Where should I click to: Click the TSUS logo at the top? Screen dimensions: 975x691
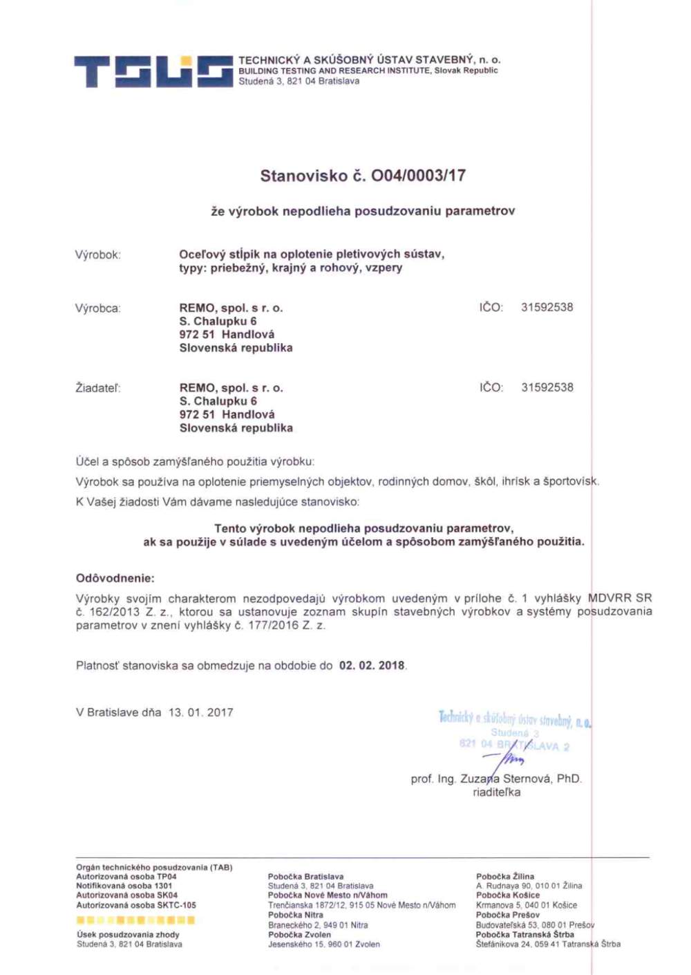(x=153, y=72)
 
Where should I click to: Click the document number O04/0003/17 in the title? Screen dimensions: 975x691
(x=418, y=176)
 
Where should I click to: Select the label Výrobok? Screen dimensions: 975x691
(x=97, y=255)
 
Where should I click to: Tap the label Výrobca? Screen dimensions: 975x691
(x=97, y=308)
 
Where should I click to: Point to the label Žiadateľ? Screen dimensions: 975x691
(x=97, y=389)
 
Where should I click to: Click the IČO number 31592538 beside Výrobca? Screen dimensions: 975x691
(x=547, y=308)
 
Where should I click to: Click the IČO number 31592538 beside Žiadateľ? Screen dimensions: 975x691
(x=547, y=388)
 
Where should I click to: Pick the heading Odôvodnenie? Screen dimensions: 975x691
(x=115, y=578)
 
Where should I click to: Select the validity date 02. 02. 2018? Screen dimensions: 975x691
(x=371, y=666)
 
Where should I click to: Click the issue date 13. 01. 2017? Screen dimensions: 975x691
(x=200, y=712)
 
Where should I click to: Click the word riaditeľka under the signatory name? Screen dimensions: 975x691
(x=496, y=792)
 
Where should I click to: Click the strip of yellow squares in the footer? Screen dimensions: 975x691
(x=135, y=920)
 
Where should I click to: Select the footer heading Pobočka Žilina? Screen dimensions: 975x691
(x=504, y=876)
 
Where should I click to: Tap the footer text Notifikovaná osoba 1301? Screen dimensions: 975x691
(x=124, y=886)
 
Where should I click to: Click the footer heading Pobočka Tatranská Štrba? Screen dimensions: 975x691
(x=524, y=934)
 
